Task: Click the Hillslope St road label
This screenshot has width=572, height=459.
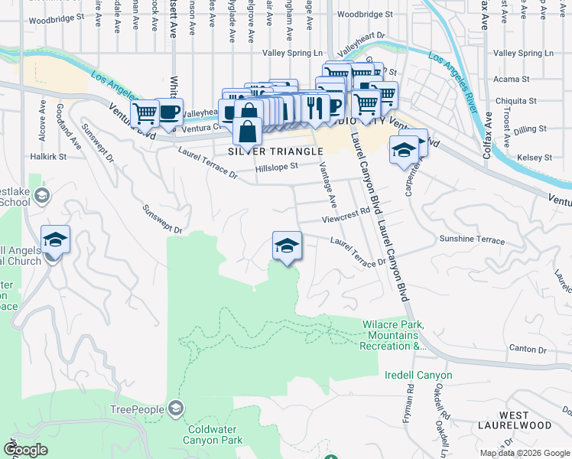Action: click(276, 166)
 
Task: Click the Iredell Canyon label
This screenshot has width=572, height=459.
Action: click(418, 376)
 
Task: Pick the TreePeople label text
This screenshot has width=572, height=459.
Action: click(138, 410)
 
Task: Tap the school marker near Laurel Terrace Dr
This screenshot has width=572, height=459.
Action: click(287, 246)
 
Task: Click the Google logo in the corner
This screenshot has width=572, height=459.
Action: click(25, 450)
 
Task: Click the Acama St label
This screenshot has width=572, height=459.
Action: click(512, 80)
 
